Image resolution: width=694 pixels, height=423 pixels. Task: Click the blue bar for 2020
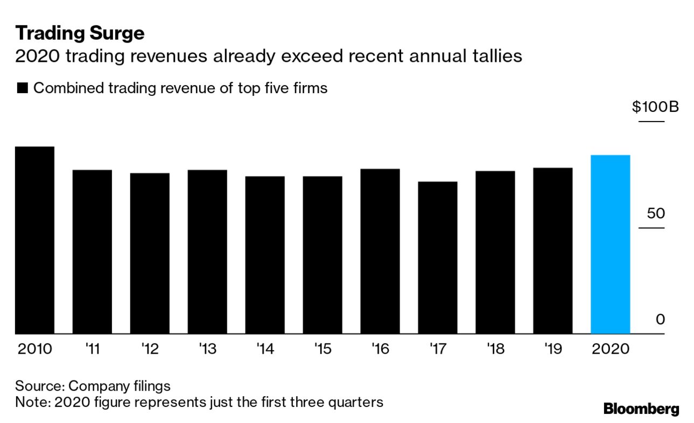pos(610,244)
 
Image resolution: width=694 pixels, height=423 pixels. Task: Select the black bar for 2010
pos(34,240)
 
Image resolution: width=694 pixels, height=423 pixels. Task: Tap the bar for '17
pos(437,258)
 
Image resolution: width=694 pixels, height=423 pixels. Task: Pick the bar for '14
pos(264,255)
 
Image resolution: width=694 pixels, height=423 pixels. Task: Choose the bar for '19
pos(552,251)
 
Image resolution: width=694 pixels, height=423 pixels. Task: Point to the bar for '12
pos(150,253)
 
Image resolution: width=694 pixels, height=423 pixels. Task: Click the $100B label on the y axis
pos(655,107)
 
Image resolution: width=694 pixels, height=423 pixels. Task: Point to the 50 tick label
pos(656,214)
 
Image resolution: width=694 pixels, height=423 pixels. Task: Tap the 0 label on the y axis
pos(660,320)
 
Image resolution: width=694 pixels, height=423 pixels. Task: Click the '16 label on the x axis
pos(380,349)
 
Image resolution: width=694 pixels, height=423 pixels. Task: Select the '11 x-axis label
pos(92,349)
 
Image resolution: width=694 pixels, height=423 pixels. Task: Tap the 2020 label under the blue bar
pos(610,349)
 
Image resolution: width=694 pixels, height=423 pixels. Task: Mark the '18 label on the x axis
pos(495,349)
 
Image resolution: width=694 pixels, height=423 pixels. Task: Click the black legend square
pos(22,88)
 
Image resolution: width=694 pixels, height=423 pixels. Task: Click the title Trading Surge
pos(80,33)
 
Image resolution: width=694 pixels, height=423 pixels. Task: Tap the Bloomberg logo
pos(641,409)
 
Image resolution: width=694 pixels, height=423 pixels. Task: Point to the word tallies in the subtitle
pos(498,56)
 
